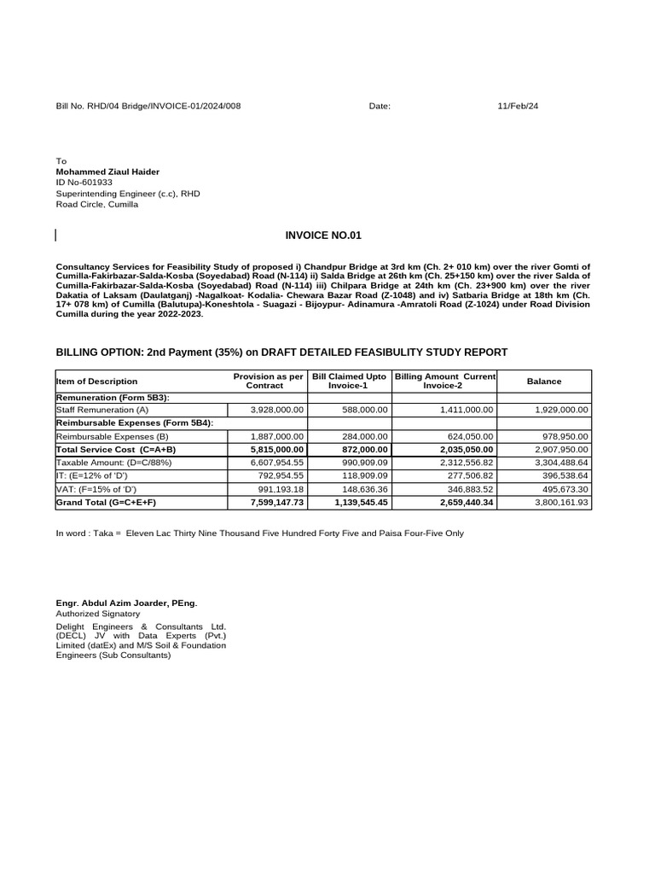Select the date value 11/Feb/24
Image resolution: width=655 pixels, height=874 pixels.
click(x=518, y=106)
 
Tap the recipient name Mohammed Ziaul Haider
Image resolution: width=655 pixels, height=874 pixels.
click(x=107, y=172)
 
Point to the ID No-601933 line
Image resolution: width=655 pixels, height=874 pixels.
click(x=84, y=183)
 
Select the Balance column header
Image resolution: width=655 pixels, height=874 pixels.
click(x=544, y=381)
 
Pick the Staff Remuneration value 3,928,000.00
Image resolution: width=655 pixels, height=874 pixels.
click(x=276, y=411)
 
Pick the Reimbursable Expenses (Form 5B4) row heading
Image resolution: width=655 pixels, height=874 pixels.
click(x=134, y=423)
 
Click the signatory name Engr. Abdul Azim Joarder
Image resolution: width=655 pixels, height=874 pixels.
click(x=125, y=603)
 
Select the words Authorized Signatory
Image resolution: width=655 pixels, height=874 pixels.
click(x=97, y=614)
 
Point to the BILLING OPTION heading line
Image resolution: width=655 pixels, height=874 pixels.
click(x=281, y=352)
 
